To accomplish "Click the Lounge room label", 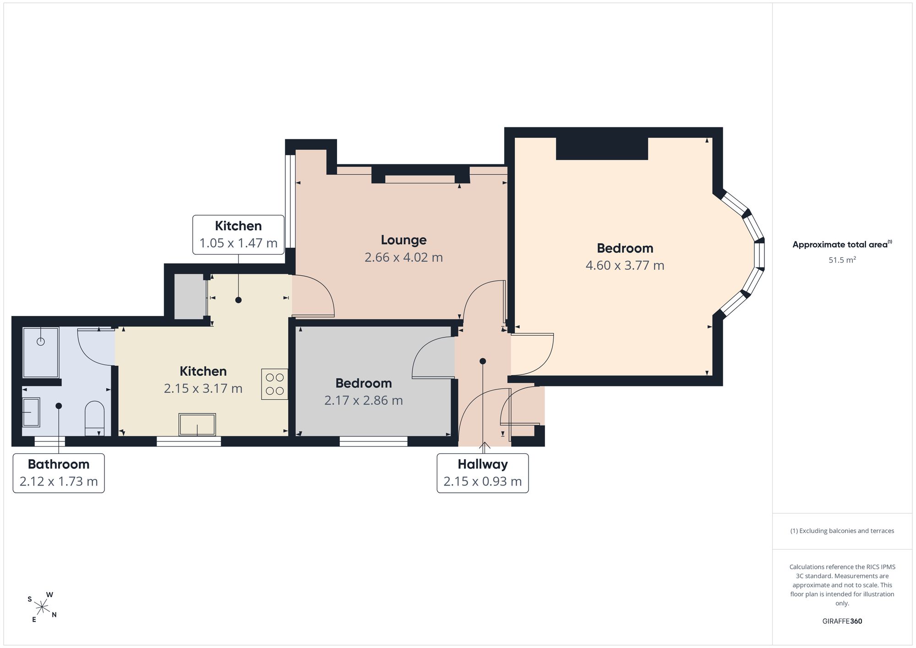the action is point(403,240).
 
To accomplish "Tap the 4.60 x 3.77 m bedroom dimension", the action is point(625,265).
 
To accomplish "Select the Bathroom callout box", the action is point(59,473).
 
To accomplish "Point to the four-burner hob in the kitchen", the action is point(275,384).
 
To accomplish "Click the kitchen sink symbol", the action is point(197,425).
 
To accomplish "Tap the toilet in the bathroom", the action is point(95,419).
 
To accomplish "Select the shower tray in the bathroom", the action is point(41,352).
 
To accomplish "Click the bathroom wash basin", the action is point(31,412).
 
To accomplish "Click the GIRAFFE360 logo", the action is point(842,621).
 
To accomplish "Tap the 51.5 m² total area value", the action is point(842,260).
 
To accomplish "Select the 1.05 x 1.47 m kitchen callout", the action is point(238,234).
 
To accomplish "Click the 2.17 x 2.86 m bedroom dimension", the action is point(364,400).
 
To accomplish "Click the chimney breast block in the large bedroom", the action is point(602,148).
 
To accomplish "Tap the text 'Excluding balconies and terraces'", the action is point(846,531).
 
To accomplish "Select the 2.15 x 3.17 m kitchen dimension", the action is point(203,388).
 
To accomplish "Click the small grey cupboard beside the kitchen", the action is point(189,296).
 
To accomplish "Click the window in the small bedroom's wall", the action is point(374,441).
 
